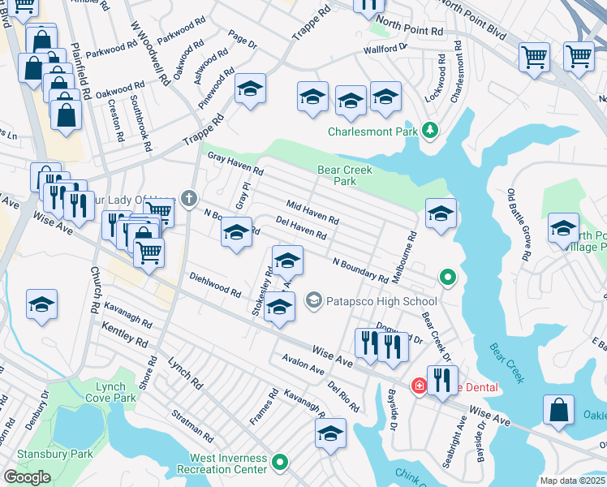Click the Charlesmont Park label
click(x=372, y=131)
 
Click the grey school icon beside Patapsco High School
click(x=314, y=301)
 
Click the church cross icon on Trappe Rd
click(x=189, y=198)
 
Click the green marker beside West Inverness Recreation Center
click(x=281, y=463)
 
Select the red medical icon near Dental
click(x=419, y=386)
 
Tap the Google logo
click(x=28, y=477)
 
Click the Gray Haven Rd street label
click(x=235, y=165)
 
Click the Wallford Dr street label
click(x=385, y=48)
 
